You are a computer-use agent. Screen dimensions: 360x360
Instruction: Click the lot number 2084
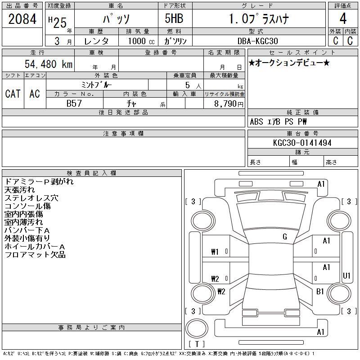pyautogui.click(x=22, y=19)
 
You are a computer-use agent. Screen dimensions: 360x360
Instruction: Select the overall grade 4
pyautogui.click(x=343, y=18)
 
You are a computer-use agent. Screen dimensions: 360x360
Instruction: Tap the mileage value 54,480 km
pyautogui.click(x=49, y=64)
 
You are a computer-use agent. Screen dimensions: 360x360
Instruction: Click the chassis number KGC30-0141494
pyautogui.click(x=302, y=143)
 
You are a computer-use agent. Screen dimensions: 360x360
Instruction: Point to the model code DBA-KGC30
pyautogui.click(x=257, y=41)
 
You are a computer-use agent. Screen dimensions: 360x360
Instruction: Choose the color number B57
pyautogui.click(x=74, y=103)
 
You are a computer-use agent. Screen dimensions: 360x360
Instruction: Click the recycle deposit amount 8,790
pyautogui.click(x=225, y=103)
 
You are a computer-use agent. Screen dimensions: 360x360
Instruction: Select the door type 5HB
pyautogui.click(x=174, y=18)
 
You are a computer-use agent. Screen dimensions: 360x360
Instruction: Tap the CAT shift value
pyautogui.click(x=13, y=94)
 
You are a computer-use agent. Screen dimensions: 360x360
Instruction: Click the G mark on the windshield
pyautogui.click(x=285, y=237)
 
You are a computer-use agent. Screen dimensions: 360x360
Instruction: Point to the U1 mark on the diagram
pyautogui.click(x=346, y=275)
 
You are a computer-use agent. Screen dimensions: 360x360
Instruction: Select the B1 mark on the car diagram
pyautogui.click(x=320, y=291)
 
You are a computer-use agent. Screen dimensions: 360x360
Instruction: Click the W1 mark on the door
pyautogui.click(x=215, y=252)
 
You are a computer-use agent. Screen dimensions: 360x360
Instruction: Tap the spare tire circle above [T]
pyautogui.click(x=197, y=328)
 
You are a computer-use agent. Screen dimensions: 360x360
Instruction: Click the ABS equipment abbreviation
pyautogui.click(x=256, y=121)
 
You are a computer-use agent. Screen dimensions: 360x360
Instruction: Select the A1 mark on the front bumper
pyautogui.click(x=321, y=184)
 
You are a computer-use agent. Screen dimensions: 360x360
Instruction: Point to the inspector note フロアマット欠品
pyautogui.click(x=35, y=255)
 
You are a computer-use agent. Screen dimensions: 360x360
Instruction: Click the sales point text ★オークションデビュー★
pyautogui.click(x=289, y=63)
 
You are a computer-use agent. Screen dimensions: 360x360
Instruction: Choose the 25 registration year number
pyautogui.click(x=60, y=23)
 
